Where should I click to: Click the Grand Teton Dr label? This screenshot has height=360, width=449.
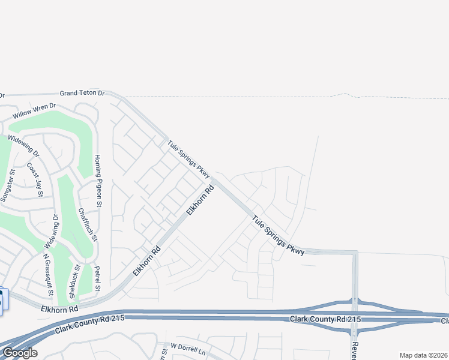(x=82, y=94)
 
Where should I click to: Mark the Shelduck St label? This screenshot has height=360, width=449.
(x=74, y=281)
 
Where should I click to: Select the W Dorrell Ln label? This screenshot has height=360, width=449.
(x=188, y=347)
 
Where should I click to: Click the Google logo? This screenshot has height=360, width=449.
(x=19, y=353)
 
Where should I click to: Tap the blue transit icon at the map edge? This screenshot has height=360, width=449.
(x=4, y=301)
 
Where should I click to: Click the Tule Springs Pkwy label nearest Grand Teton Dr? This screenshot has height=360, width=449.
(x=189, y=159)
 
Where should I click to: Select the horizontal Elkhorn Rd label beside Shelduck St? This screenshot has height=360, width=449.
(x=60, y=308)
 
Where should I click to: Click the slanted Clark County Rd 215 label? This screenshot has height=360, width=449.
(x=90, y=324)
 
